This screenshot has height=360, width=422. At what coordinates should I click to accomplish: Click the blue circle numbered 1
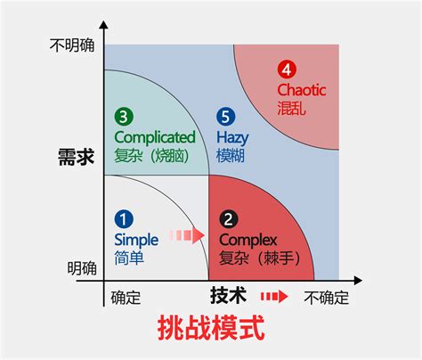click(x=124, y=219)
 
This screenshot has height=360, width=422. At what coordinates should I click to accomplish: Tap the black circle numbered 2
click(x=229, y=219)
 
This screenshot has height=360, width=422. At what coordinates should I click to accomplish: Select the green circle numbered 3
click(x=124, y=116)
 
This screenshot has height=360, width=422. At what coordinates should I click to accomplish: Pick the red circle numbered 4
click(x=287, y=70)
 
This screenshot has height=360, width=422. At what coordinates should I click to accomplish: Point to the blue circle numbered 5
click(x=226, y=116)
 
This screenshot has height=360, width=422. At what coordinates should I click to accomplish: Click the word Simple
click(x=136, y=241)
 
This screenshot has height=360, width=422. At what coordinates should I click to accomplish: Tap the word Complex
click(x=248, y=241)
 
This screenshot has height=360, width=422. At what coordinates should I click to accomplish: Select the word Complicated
click(x=155, y=137)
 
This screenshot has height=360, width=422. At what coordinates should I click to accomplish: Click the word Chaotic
click(x=302, y=90)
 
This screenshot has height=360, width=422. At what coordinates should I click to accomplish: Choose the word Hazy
click(x=232, y=138)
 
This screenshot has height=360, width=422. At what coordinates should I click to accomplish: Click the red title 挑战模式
click(x=211, y=328)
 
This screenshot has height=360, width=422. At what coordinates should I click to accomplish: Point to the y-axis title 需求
click(x=77, y=157)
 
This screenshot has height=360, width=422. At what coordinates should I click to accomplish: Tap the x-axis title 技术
click(x=228, y=296)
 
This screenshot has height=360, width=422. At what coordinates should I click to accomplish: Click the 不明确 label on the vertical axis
click(x=72, y=45)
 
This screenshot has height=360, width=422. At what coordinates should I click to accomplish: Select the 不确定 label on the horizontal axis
click(x=326, y=298)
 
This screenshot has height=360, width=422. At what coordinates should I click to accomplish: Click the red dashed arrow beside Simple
click(x=187, y=235)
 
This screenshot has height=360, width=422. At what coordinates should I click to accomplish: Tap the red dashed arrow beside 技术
click(x=274, y=297)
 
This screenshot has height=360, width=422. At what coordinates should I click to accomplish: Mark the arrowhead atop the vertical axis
click(x=103, y=25)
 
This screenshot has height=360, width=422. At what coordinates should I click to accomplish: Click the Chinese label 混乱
click(x=291, y=108)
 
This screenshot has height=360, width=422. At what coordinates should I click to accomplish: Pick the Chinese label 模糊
click(x=231, y=155)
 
